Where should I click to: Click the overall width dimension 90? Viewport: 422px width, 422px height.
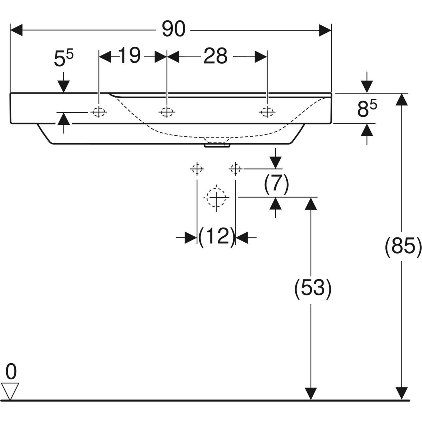point(173,30)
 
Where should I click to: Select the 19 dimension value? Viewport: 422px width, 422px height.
point(129,56)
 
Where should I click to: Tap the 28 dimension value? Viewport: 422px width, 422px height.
point(215,56)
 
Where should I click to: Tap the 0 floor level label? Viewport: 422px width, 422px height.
point(12,372)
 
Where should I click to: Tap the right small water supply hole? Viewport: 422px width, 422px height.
point(236,169)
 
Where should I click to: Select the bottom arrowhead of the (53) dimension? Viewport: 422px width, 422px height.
point(310,393)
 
